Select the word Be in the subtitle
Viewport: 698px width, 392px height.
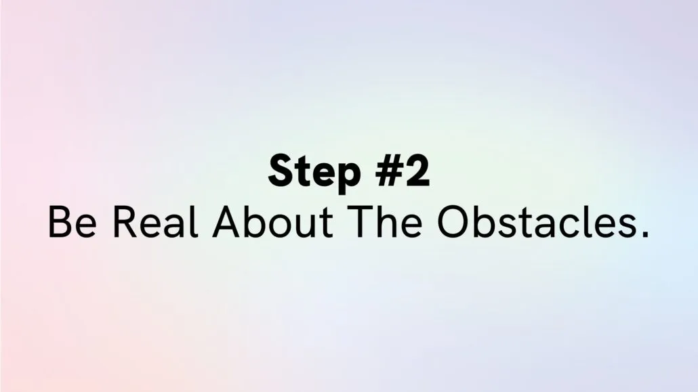click(x=72, y=221)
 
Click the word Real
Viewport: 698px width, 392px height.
click(x=155, y=221)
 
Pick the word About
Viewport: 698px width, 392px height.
click(x=272, y=221)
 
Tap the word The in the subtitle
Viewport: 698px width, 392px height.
click(x=386, y=221)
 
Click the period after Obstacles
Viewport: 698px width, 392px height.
click(x=645, y=234)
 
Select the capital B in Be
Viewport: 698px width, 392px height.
click(x=59, y=221)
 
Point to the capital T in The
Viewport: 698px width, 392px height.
click(x=361, y=221)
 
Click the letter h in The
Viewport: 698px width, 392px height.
click(x=386, y=221)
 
